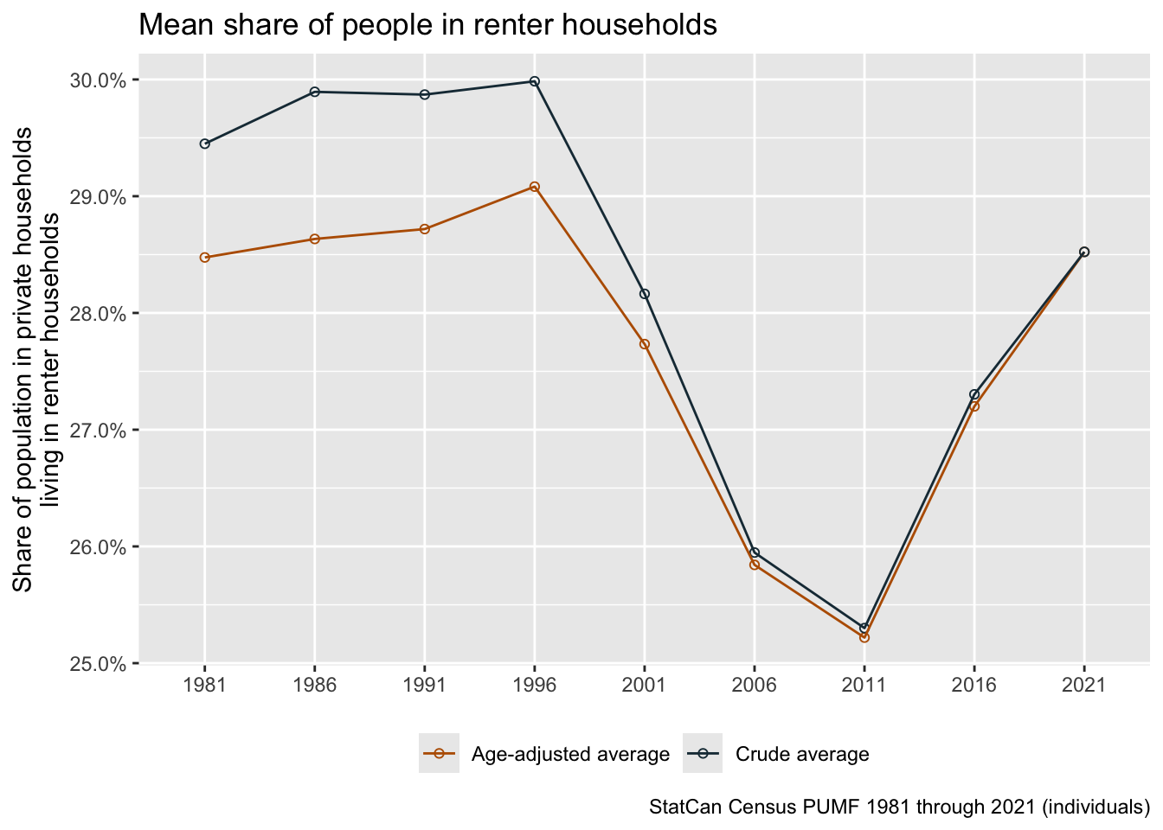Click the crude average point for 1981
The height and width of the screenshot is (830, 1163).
pos(204,144)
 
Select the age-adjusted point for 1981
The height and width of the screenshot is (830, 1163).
pos(204,258)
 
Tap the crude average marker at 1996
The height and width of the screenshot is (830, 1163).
pos(535,81)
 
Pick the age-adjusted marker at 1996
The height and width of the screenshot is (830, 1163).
pos(535,187)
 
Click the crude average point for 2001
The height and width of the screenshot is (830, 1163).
pos(645,294)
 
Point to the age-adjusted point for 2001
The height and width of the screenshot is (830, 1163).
pos(645,344)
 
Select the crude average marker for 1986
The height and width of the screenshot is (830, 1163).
pos(315,92)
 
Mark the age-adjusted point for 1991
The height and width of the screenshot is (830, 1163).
pos(425,229)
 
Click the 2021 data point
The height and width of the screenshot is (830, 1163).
pos(1084,252)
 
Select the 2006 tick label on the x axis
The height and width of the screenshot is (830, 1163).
pos(755,686)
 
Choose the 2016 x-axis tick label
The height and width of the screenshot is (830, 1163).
pos(974,686)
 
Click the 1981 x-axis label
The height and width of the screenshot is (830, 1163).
pos(204,686)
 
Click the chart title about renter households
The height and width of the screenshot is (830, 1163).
pos(427,25)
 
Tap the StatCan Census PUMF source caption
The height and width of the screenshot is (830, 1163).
pos(899,808)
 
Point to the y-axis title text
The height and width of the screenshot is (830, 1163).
pos(36,359)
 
